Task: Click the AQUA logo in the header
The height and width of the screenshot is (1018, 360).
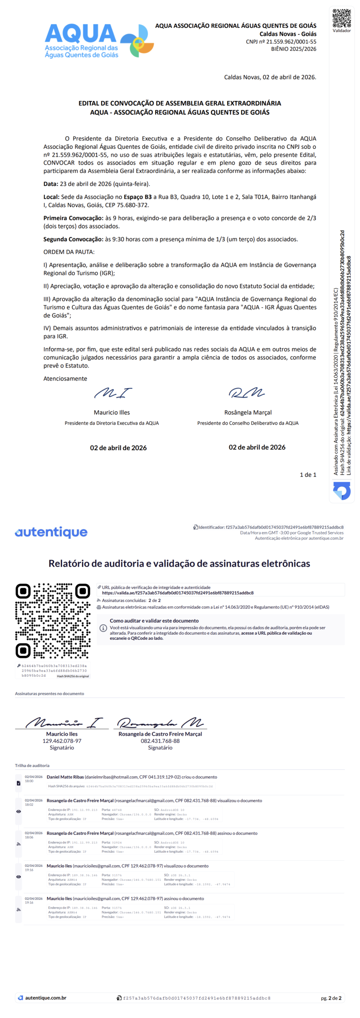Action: tap(99, 41)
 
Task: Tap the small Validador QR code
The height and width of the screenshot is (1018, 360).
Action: tap(341, 18)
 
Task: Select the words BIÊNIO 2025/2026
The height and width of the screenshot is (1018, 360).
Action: tap(294, 49)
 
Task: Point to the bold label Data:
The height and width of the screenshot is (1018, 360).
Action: tap(51, 184)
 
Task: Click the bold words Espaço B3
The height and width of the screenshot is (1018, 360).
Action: tap(138, 197)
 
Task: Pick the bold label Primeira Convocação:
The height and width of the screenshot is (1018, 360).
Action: tap(73, 218)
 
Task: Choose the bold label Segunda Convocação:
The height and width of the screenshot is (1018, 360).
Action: tap(73, 239)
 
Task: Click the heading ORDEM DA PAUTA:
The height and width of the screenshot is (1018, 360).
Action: tap(69, 252)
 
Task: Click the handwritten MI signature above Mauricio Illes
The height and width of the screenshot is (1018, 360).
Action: tap(113, 393)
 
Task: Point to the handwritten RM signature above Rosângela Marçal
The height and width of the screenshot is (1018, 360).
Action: tap(247, 393)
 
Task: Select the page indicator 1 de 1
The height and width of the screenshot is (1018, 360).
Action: tap(308, 475)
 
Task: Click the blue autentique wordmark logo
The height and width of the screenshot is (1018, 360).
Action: tap(51, 532)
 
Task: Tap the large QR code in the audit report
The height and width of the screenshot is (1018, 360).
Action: tap(53, 620)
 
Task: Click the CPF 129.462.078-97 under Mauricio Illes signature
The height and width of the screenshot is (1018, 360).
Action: tap(62, 741)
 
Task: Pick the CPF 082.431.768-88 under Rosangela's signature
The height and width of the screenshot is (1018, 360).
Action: tap(160, 741)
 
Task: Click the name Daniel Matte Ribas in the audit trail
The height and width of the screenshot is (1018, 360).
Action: tap(65, 777)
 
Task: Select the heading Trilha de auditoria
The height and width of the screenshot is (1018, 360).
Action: tap(32, 765)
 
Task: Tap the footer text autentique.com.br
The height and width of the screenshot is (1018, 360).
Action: tap(45, 998)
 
